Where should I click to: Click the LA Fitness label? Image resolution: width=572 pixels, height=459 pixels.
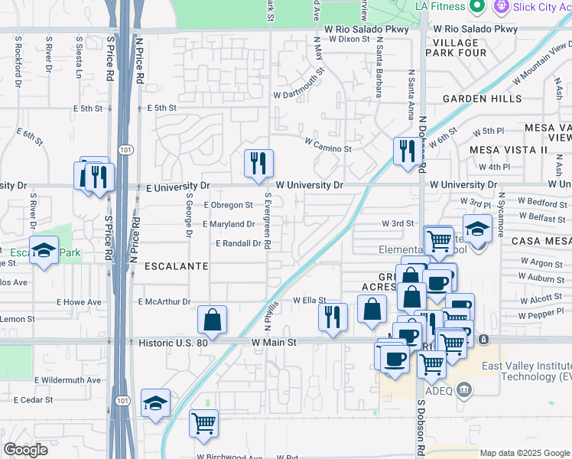[x=450, y=7]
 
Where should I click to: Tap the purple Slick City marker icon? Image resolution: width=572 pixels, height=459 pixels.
[x=502, y=7]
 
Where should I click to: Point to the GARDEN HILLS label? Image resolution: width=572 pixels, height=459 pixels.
[x=483, y=99]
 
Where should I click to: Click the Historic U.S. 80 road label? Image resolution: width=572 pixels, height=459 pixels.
[x=174, y=343]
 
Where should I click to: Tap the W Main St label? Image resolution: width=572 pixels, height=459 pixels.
[x=274, y=343]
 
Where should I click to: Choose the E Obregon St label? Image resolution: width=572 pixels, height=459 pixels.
[x=228, y=205]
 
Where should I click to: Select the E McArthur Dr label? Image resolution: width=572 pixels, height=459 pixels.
[x=164, y=302]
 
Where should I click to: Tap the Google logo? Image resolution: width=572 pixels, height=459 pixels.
[x=25, y=450]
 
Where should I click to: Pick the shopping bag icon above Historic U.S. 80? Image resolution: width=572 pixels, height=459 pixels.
[x=212, y=319]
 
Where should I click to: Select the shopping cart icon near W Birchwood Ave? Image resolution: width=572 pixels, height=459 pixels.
[x=203, y=423]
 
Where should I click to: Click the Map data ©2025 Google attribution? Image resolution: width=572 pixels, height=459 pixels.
[x=525, y=453]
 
